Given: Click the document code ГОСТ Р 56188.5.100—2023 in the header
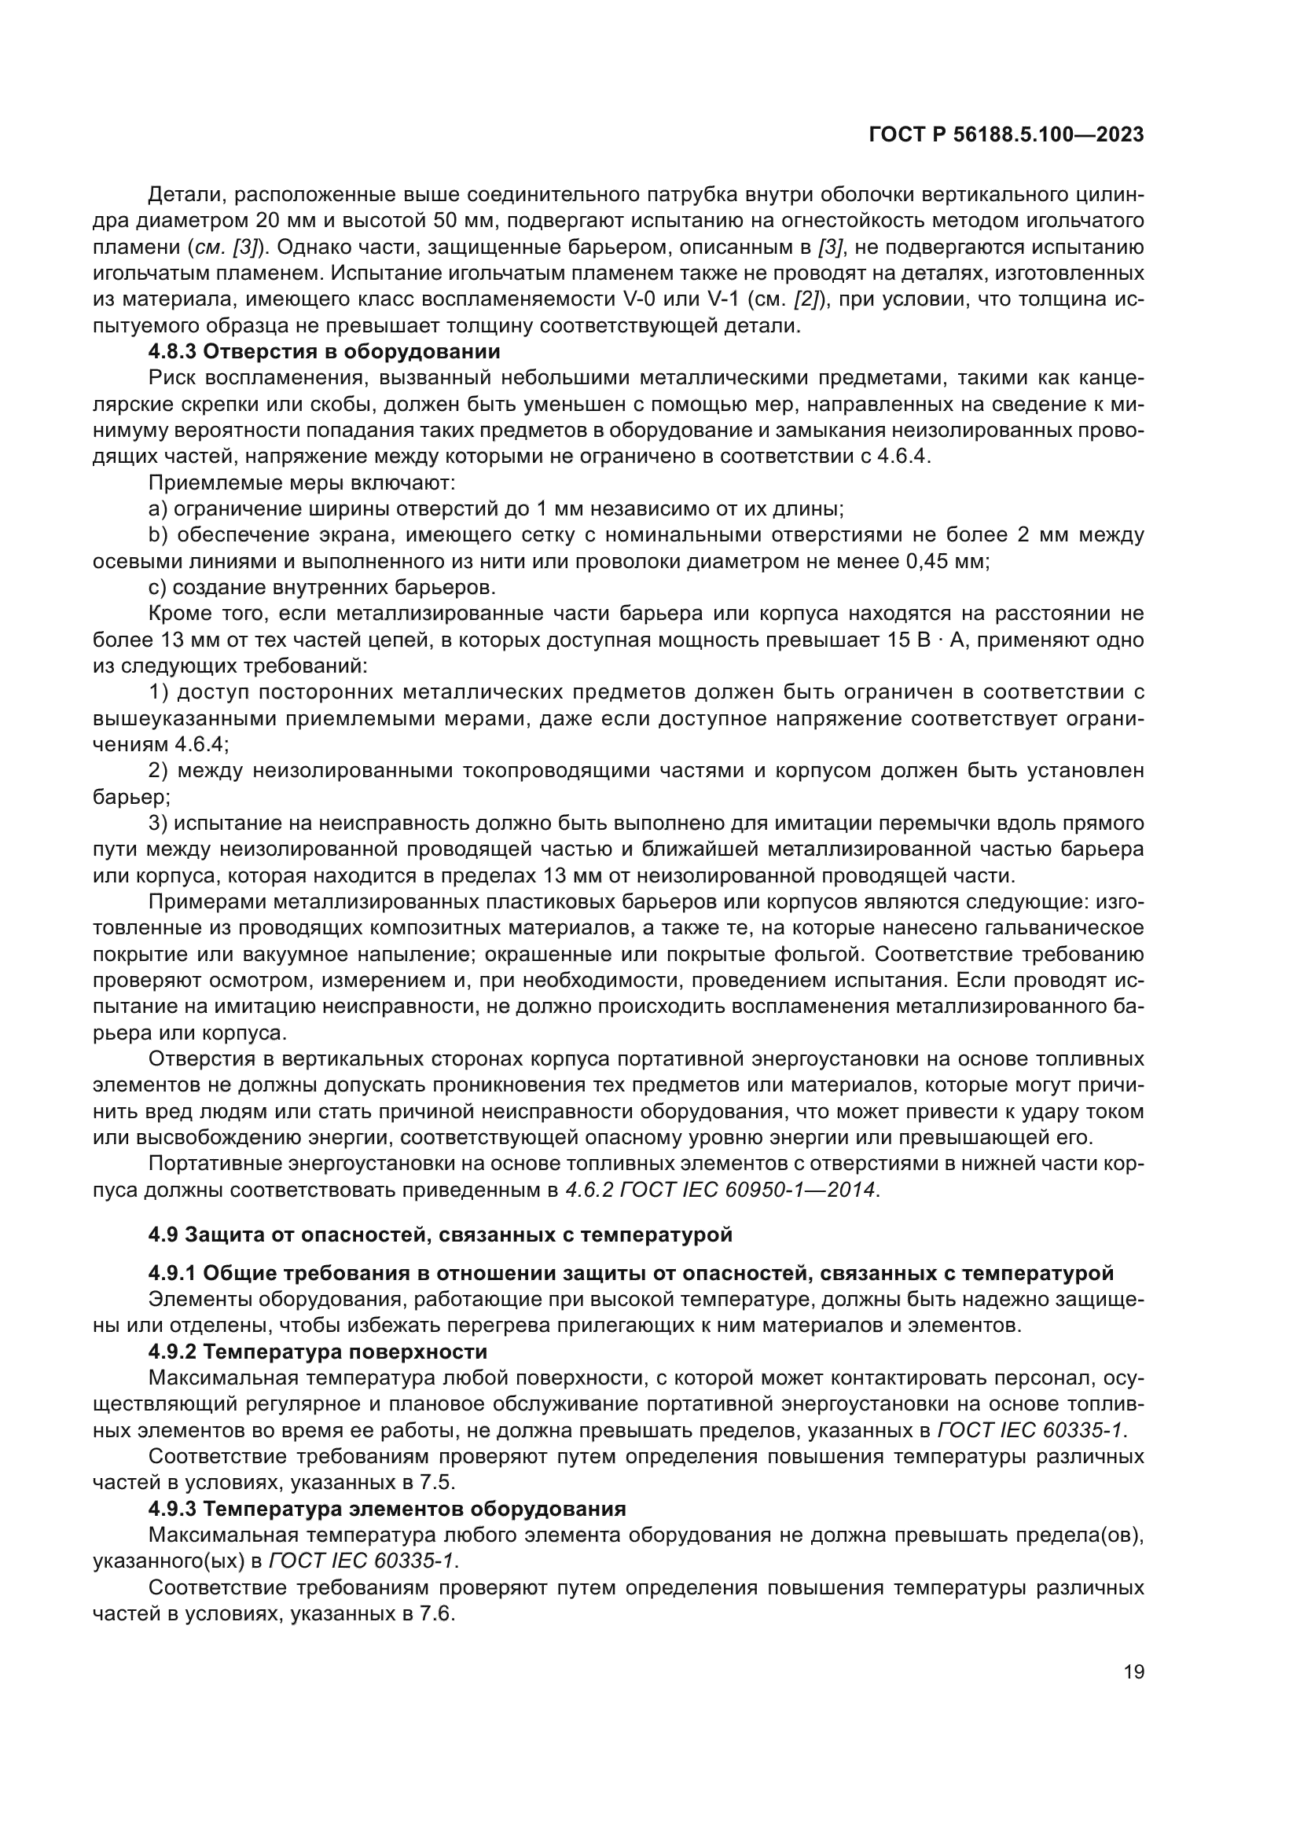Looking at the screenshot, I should pos(1005,135).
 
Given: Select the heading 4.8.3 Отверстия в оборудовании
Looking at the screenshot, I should pos(324,351).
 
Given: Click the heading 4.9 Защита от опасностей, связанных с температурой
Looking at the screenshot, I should pos(440,1235).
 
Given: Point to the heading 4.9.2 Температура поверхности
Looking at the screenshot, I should pos(318,1352).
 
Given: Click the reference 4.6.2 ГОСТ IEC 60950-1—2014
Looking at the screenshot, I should pos(721,1190).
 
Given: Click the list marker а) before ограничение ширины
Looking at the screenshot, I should pos(157,509).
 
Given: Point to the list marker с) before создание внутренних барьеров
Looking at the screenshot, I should pos(157,588).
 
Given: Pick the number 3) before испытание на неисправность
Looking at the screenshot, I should pos(158,823).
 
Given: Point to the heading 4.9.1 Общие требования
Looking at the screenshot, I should pos(630,1273).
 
